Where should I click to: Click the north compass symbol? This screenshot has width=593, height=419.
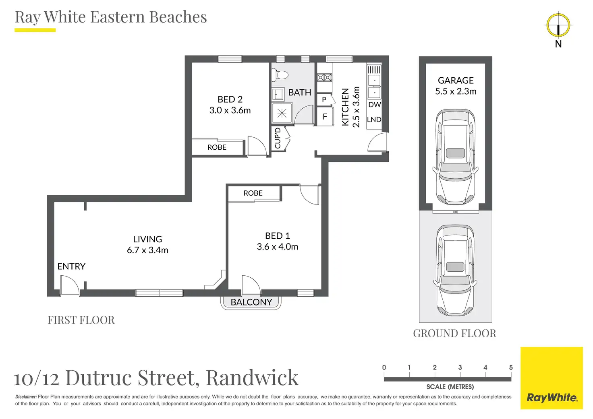(558, 25)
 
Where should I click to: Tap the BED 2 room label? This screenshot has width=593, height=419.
(230, 99)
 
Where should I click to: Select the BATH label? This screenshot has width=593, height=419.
(300, 93)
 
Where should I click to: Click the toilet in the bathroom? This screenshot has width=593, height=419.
(280, 75)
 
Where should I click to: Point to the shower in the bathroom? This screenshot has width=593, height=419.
(282, 114)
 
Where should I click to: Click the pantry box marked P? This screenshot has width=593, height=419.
(324, 99)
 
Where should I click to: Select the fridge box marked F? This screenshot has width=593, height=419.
(325, 117)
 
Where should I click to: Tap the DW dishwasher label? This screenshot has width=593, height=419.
(374, 105)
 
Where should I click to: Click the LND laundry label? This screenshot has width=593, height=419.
(374, 120)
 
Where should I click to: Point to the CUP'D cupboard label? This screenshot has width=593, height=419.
(278, 138)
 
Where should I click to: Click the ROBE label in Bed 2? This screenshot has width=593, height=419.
(217, 147)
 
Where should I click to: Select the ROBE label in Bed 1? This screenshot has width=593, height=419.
(253, 193)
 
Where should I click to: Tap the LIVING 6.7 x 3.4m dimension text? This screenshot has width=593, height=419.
(147, 250)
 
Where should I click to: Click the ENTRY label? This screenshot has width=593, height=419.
(71, 266)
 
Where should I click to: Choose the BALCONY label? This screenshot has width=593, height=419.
(251, 302)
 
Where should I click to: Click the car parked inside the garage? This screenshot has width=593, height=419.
(455, 157)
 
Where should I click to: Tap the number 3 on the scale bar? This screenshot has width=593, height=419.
(460, 367)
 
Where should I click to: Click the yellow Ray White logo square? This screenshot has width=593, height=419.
(552, 378)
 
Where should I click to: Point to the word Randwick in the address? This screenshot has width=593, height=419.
(252, 378)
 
